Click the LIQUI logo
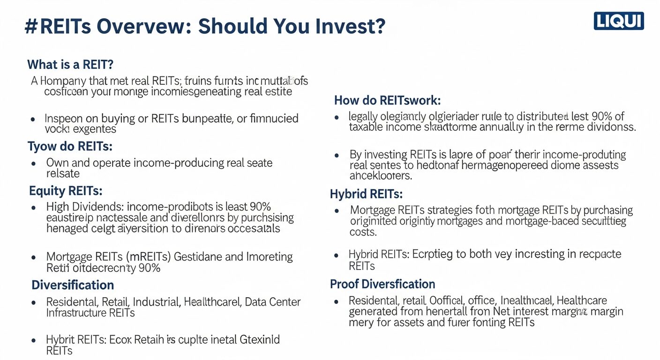point(618,21)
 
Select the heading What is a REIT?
point(70,64)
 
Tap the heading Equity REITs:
point(65,191)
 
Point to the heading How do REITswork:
point(387,100)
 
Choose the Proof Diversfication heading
point(382,284)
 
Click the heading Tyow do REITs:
point(70,146)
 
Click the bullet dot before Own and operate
point(33,164)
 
